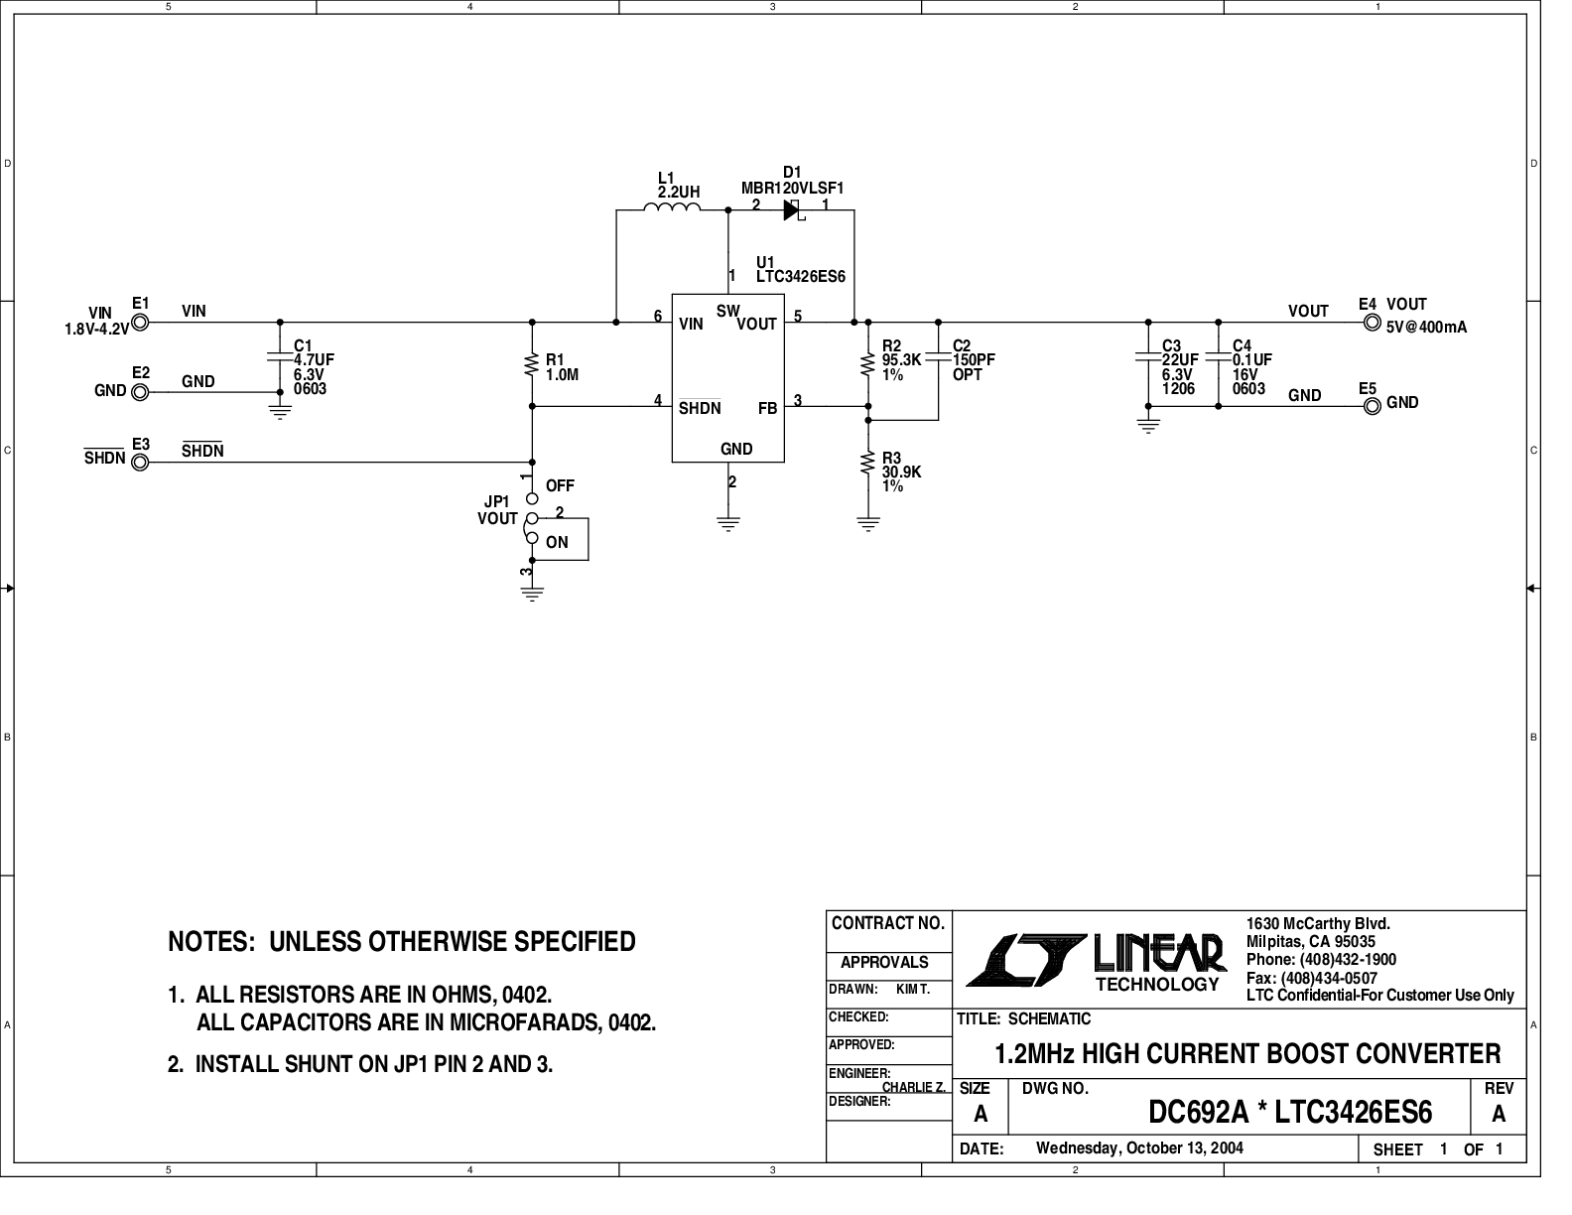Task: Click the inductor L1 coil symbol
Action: pos(672,207)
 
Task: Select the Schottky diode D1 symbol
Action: pos(792,209)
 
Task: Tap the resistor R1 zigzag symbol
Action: pos(533,365)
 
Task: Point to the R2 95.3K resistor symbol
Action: pos(868,364)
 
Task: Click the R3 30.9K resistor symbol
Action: pos(868,463)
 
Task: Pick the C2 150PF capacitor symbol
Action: pos(938,357)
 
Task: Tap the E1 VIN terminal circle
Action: pos(140,323)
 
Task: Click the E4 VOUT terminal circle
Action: pos(1372,323)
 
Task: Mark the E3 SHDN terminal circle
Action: pos(140,462)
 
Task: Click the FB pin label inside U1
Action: pos(767,408)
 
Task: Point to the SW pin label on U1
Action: pos(727,311)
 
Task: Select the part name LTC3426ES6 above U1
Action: pos(800,277)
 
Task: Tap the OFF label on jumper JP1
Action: pos(560,485)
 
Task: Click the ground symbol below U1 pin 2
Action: pos(729,524)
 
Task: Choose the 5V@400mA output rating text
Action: pos(1426,327)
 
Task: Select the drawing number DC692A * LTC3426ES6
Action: pos(1289,1113)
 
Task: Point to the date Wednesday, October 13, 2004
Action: pos(1139,1148)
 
